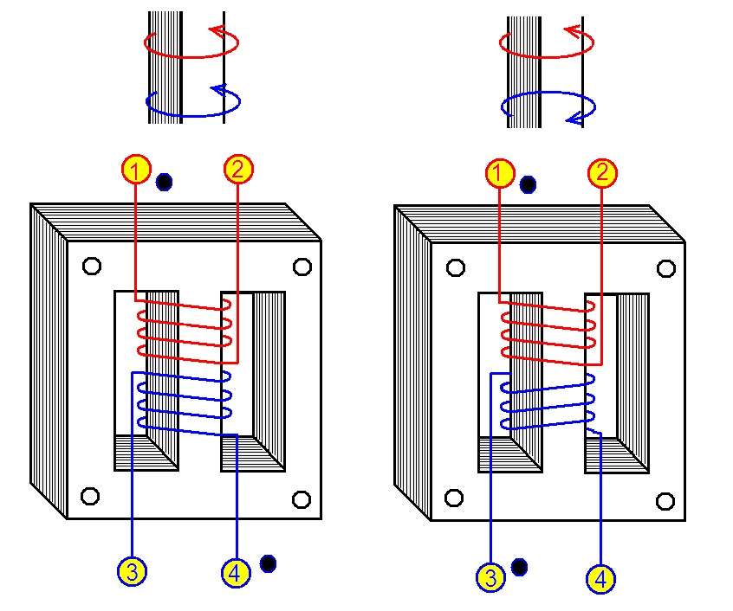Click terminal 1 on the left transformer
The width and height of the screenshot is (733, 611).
[136, 170]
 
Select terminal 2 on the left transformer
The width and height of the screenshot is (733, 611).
[238, 169]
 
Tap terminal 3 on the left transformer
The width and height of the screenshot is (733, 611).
[133, 572]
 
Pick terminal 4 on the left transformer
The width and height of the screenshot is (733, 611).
[236, 573]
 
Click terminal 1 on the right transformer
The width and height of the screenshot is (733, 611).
[500, 173]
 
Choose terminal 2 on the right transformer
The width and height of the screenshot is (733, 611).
[602, 173]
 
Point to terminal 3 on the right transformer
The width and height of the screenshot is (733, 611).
[490, 577]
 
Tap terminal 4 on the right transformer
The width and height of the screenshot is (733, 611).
[600, 579]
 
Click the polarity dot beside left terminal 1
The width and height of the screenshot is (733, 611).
[164, 182]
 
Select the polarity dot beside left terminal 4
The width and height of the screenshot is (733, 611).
[268, 564]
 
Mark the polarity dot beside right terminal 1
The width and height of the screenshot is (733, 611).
[529, 185]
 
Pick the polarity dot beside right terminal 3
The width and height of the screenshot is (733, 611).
[519, 567]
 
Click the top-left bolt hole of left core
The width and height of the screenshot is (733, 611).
[92, 266]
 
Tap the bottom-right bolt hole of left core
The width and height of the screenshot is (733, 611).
[302, 500]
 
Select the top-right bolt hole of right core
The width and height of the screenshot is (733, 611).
[666, 268]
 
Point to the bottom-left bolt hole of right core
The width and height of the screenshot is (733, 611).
[454, 498]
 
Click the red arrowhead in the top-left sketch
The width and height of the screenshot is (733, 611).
[218, 31]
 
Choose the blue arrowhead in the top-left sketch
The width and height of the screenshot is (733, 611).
[219, 89]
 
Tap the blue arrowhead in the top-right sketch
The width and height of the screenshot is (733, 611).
[574, 120]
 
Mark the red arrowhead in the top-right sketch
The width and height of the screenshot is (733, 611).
[573, 31]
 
